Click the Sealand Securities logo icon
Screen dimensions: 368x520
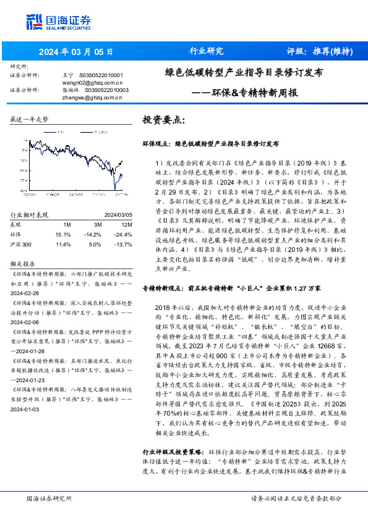34,21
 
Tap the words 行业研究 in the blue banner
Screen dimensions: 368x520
205,51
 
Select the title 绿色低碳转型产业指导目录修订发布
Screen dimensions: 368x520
243,72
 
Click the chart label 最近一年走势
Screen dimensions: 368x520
29,119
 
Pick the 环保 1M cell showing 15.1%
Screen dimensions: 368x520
63,235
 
